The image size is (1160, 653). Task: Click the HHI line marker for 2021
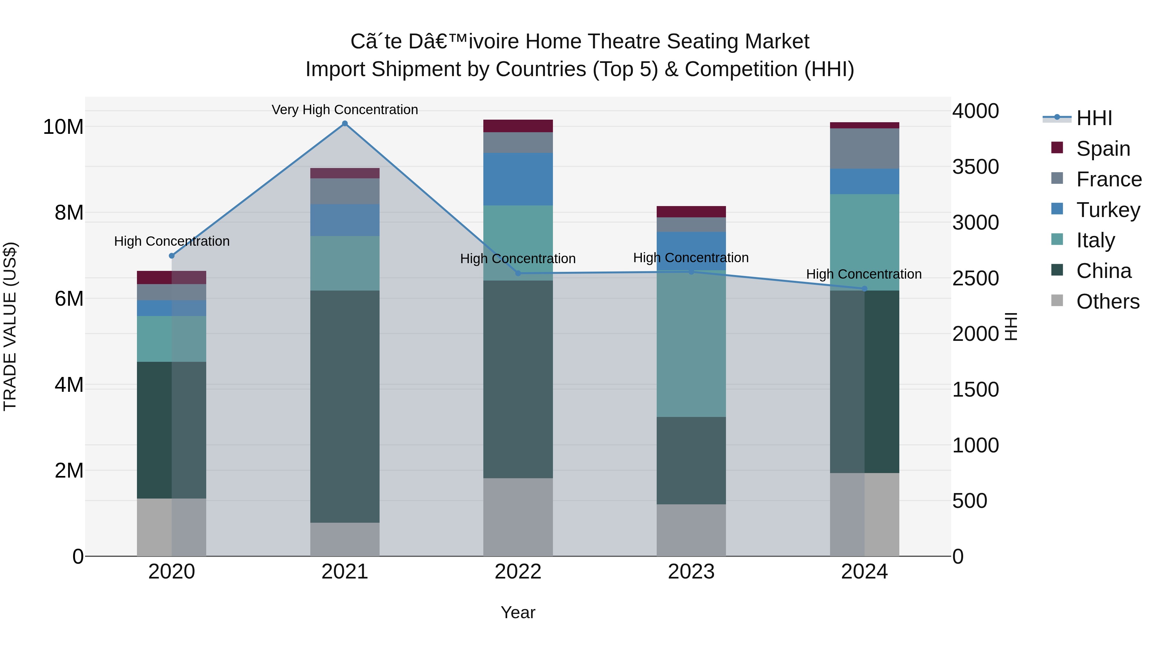click(x=344, y=124)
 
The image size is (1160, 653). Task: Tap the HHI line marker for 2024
click(x=864, y=289)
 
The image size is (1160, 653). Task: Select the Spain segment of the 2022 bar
click(x=518, y=126)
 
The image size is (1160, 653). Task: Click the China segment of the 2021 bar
click(x=344, y=406)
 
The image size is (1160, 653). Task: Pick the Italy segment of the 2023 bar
click(x=691, y=344)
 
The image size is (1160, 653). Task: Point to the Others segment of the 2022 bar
click(x=518, y=517)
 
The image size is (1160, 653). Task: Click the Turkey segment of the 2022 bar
click(x=518, y=179)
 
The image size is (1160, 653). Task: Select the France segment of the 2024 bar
click(x=864, y=148)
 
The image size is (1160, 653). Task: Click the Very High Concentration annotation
click(x=344, y=110)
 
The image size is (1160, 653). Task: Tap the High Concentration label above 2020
click(x=171, y=241)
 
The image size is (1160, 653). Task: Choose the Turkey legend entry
click(x=1108, y=210)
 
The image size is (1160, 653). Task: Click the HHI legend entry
click(x=1094, y=118)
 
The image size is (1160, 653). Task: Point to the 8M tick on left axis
click(x=69, y=213)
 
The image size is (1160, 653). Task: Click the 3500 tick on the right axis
click(x=975, y=167)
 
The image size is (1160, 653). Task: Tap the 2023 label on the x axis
click(x=691, y=572)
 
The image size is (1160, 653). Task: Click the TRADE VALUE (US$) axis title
click(x=10, y=326)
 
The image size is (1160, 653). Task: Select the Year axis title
click(x=518, y=612)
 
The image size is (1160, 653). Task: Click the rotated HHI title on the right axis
click(x=1010, y=326)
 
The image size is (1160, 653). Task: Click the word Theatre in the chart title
click(x=624, y=42)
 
